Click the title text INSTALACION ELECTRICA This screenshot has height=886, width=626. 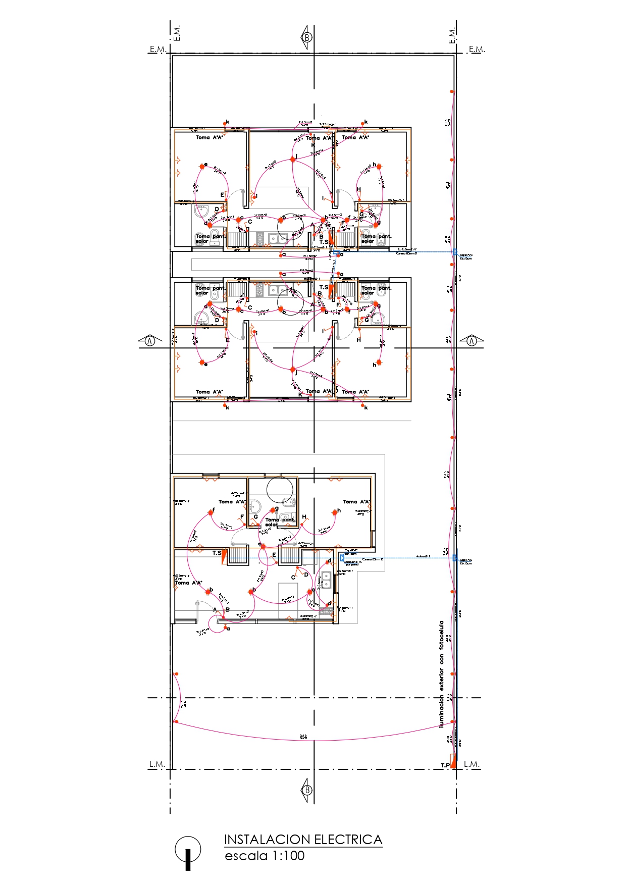tap(303, 840)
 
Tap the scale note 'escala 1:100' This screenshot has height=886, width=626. tap(265, 856)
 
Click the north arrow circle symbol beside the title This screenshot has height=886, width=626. tap(188, 849)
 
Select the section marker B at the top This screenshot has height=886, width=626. tap(307, 37)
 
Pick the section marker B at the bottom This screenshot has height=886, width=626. tap(307, 790)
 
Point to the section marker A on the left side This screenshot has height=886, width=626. tap(150, 341)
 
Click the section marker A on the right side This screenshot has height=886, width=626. tap(472, 341)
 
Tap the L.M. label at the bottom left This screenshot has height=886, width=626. tap(157, 764)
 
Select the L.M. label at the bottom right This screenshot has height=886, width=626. tap(472, 764)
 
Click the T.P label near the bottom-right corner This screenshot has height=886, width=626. tap(445, 765)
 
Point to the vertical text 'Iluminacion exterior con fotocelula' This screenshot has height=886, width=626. tap(442, 674)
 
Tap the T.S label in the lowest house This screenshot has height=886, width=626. tap(217, 553)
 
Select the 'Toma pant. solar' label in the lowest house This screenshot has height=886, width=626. tap(280, 522)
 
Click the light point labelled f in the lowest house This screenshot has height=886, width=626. tap(211, 512)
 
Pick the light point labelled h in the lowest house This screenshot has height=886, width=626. tap(335, 512)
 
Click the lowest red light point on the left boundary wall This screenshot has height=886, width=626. tap(176, 721)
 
